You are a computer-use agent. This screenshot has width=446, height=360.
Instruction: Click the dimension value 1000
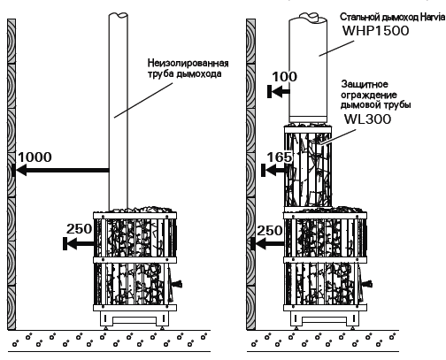[x=35, y=157]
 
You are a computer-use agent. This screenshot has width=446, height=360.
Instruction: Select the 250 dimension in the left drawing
[x=79, y=229]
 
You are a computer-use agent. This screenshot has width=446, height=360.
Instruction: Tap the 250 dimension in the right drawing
[x=270, y=231]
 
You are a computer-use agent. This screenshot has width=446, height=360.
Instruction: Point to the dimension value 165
[x=280, y=157]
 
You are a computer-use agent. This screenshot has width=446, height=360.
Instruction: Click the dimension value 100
[x=284, y=77]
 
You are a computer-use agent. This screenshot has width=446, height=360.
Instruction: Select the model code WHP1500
[x=375, y=31]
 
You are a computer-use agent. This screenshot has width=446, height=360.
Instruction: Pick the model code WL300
[x=367, y=119]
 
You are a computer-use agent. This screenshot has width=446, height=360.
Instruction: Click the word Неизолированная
[x=188, y=63]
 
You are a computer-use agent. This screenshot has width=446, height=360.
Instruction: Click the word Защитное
[x=365, y=84]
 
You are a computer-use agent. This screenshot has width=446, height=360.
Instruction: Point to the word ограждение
[x=369, y=95]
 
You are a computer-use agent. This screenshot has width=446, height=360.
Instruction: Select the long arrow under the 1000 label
[x=60, y=170]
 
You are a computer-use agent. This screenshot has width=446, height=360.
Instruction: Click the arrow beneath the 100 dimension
[x=279, y=92]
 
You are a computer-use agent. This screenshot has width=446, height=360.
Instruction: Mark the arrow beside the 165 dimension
[x=275, y=170]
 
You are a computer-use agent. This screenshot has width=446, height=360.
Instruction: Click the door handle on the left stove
[x=177, y=284]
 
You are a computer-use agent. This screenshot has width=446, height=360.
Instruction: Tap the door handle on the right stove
[x=367, y=284]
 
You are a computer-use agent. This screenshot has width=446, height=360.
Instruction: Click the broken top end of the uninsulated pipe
[x=119, y=14]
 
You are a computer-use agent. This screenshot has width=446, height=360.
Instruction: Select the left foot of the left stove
[x=105, y=328]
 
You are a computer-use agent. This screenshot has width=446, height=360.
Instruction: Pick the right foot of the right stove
[x=352, y=328]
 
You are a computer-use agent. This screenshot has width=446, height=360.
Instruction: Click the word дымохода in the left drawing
[x=199, y=73]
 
